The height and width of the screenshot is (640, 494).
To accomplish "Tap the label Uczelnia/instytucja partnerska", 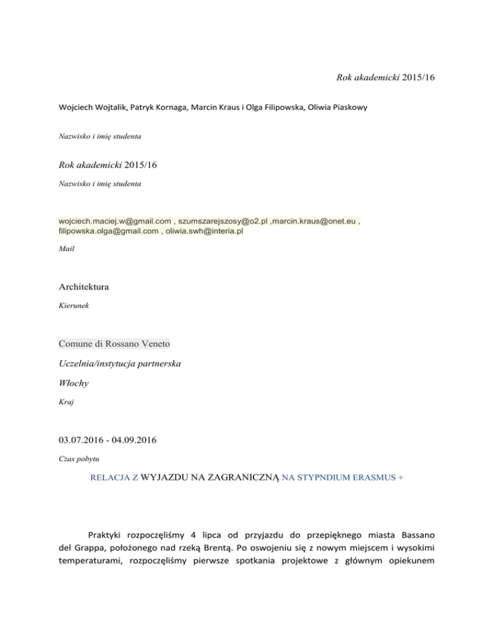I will coord(119,364).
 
